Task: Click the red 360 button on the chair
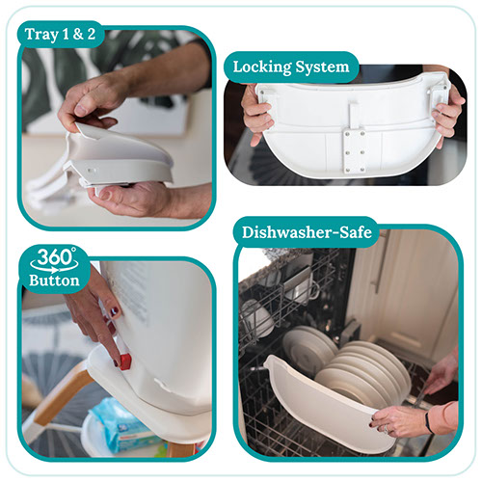pyautogui.click(x=125, y=361)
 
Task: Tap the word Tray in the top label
pyautogui.click(x=42, y=35)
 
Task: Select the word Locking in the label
pyautogui.click(x=262, y=67)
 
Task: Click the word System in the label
pyautogui.click(x=322, y=67)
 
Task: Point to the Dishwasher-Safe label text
pyautogui.click(x=307, y=232)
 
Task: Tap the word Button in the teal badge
pyautogui.click(x=54, y=281)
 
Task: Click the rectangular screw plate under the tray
pyautogui.click(x=356, y=150)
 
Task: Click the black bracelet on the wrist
pyautogui.click(x=428, y=421)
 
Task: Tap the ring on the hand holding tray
pyautogui.click(x=388, y=428)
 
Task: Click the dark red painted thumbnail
pyautogui.click(x=115, y=311)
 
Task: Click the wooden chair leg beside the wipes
pyautogui.click(x=60, y=392)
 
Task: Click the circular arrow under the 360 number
pyautogui.click(x=54, y=267)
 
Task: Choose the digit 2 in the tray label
pyautogui.click(x=92, y=35)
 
